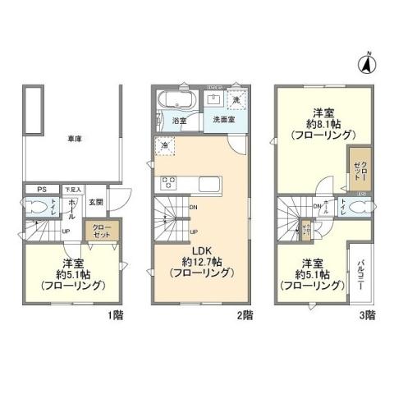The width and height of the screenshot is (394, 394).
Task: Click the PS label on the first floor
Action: pyautogui.click(x=41, y=189)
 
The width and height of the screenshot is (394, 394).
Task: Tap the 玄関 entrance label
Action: pyautogui.click(x=95, y=202)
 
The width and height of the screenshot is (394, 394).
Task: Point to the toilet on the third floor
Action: pyautogui.click(x=357, y=208)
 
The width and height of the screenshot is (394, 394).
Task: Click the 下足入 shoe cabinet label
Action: pyautogui.click(x=72, y=190)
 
